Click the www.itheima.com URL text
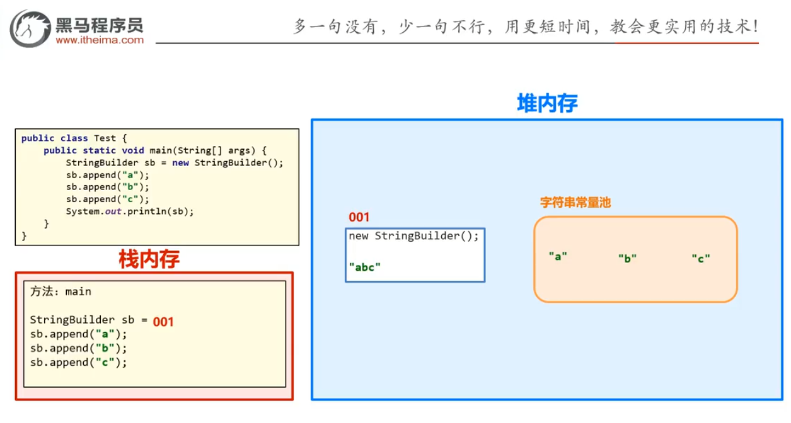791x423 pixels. click(100, 40)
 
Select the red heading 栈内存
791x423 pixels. click(149, 259)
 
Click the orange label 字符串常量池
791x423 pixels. click(575, 203)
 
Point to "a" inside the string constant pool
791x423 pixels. click(558, 256)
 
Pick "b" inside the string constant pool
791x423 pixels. click(628, 257)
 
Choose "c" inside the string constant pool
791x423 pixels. click(701, 257)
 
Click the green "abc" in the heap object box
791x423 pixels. click(365, 266)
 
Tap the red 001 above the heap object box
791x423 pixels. click(359, 217)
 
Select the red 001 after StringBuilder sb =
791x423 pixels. click(163, 322)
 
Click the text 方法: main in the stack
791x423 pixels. click(61, 291)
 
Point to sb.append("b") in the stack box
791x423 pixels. click(78, 348)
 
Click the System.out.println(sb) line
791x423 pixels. click(129, 211)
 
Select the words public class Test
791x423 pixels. click(74, 138)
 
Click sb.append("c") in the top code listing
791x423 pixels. click(107, 199)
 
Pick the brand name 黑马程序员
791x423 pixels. click(100, 25)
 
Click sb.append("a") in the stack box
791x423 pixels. click(78, 334)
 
